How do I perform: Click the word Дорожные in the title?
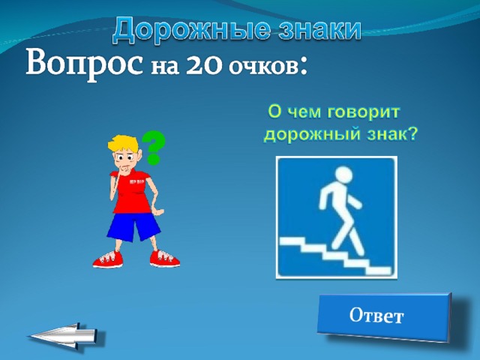coord(192,30)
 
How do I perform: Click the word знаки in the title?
coord(320,29)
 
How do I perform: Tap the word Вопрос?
coord(84,64)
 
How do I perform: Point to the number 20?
coord(203,66)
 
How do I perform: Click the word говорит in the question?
coord(363,112)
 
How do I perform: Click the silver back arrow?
coord(65,335)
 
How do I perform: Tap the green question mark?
coord(153,148)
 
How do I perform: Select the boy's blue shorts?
coord(133,226)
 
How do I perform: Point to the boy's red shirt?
coord(133,192)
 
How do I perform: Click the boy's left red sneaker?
coord(108,259)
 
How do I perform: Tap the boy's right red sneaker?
coord(164,259)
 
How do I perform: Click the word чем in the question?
coord(304,112)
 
